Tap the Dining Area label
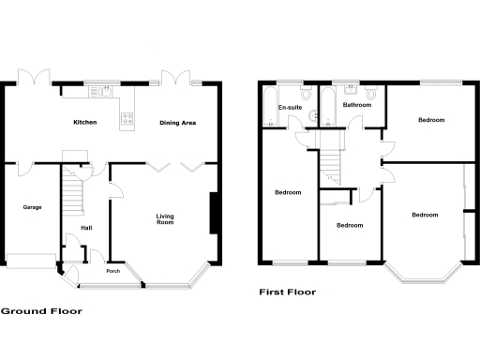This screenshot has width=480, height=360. point(177,123)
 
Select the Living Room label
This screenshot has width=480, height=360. point(165,219)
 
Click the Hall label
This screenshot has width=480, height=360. point(86,228)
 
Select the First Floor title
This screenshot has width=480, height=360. point(287,292)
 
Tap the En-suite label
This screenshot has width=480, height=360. point(292,108)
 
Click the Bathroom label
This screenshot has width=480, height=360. point(357,106)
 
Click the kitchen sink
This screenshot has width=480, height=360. point(99,92)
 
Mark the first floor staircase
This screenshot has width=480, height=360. point(329,164)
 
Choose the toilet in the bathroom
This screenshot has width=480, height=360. point(373,94)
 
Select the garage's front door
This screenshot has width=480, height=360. point(28,259)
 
